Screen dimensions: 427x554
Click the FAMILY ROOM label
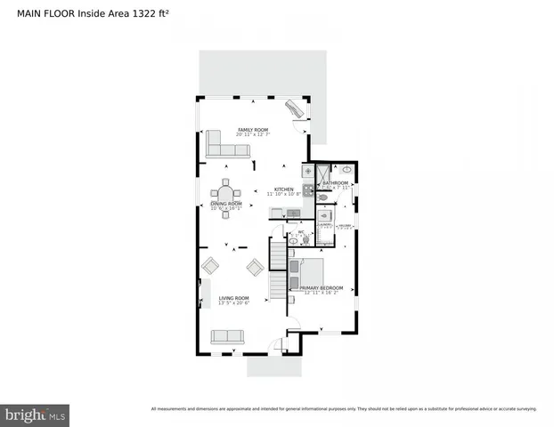(x=253, y=131)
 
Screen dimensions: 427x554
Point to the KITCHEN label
(x=283, y=189)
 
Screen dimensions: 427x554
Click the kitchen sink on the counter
(x=292, y=212)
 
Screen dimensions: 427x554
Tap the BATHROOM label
(x=336, y=183)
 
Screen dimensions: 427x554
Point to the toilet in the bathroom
(x=324, y=197)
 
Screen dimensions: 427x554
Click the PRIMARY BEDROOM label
(x=322, y=288)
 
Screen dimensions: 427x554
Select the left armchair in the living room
(x=211, y=265)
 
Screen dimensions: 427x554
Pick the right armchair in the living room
(x=255, y=266)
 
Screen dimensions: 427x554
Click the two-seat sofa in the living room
(x=227, y=336)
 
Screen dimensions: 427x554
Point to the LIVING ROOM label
(x=234, y=298)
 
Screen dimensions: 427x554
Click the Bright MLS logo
(x=35, y=415)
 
